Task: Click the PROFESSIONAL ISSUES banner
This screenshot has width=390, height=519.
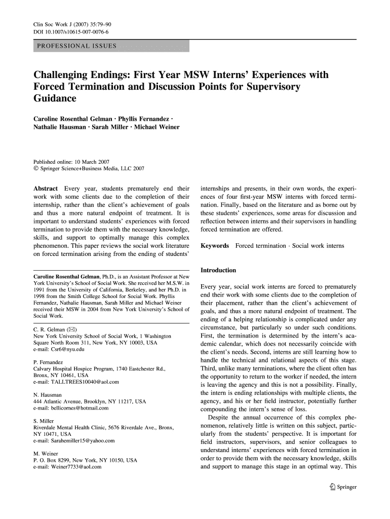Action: coord(111,47)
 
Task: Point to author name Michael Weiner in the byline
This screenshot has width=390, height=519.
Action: coord(158,127)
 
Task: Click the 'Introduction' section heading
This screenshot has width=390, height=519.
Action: coord(218,270)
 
